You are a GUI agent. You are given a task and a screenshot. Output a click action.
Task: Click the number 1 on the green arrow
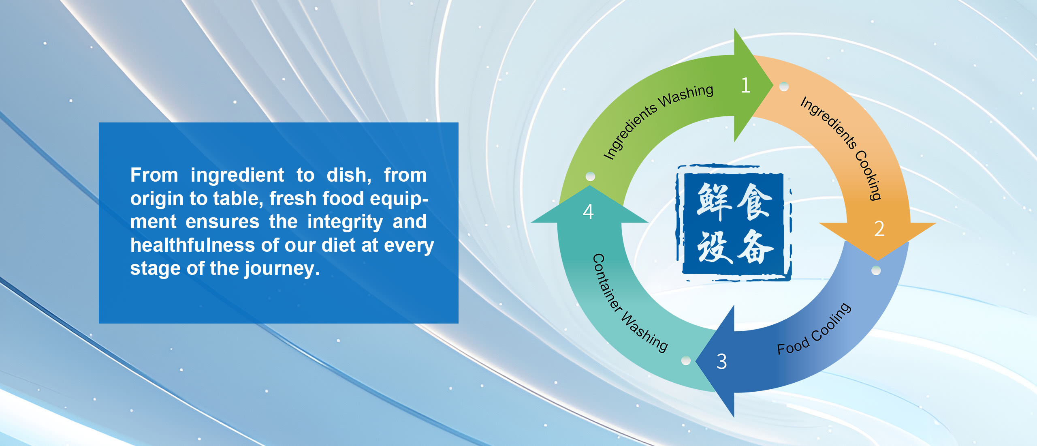coord(746,85)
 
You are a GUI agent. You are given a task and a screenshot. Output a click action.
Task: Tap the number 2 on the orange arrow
coord(879,229)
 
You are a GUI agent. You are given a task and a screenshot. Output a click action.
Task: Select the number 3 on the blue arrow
coord(721,361)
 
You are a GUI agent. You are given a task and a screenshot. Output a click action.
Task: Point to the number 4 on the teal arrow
coord(588,212)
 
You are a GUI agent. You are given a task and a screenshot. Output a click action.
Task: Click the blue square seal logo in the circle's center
coord(734,223)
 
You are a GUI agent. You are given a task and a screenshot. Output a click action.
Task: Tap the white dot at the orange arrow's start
coord(784,86)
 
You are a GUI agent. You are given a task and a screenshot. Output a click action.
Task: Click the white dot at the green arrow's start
coord(591,176)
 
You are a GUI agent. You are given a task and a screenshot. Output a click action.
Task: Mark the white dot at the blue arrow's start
coord(876,270)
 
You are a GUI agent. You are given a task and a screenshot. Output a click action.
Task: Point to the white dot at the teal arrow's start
coord(686,360)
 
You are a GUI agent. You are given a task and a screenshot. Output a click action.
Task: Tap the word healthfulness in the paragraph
coord(192,245)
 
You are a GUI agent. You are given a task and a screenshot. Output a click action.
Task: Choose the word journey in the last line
coord(282,269)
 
